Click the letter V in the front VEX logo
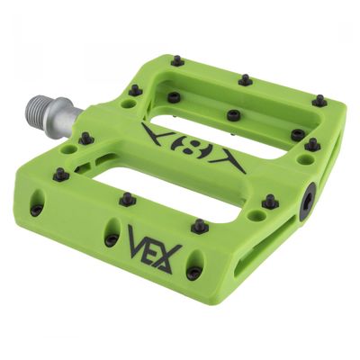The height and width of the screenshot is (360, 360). [x=139, y=241]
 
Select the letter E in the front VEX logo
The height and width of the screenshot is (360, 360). [x=156, y=248]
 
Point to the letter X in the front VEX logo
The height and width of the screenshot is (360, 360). [x=172, y=257]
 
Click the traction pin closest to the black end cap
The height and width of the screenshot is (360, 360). [x=270, y=201]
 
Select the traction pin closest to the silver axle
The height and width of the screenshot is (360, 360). [x=87, y=139]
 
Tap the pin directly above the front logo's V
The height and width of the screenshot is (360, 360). [x=127, y=198]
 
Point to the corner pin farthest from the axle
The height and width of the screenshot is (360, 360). [x=319, y=101]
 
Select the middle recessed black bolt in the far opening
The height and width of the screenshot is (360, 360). [x=233, y=115]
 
